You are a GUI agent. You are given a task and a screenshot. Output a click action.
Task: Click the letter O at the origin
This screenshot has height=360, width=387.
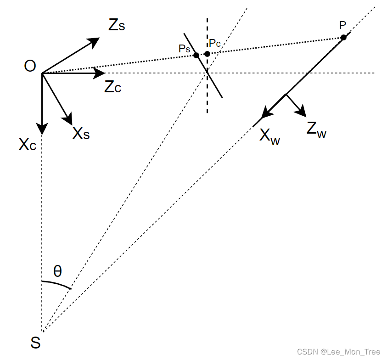[30, 67]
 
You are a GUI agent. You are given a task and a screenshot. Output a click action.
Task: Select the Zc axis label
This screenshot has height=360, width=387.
[113, 87]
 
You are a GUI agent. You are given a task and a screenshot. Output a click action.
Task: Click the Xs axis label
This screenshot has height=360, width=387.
[81, 133]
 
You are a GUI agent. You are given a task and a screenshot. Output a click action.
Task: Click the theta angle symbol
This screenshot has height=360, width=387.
[57, 271]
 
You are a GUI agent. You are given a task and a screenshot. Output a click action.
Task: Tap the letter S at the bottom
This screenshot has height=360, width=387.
[35, 342]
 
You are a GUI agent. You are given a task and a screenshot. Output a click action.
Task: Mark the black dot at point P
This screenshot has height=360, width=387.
[343, 37]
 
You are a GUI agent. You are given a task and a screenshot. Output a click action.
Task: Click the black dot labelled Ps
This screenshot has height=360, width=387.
[196, 55]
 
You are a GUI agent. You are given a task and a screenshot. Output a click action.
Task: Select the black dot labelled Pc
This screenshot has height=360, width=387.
[208, 54]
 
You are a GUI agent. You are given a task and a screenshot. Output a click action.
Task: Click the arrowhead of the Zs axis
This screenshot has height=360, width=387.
[94, 41]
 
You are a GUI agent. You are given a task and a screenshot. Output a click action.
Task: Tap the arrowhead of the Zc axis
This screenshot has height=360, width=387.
[100, 73]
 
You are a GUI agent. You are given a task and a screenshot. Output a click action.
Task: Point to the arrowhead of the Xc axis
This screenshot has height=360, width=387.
[42, 129]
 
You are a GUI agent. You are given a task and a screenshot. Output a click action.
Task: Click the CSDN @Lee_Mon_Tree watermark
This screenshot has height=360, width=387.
[339, 352]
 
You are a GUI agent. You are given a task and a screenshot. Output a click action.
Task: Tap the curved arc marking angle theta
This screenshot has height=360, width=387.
[57, 283]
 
